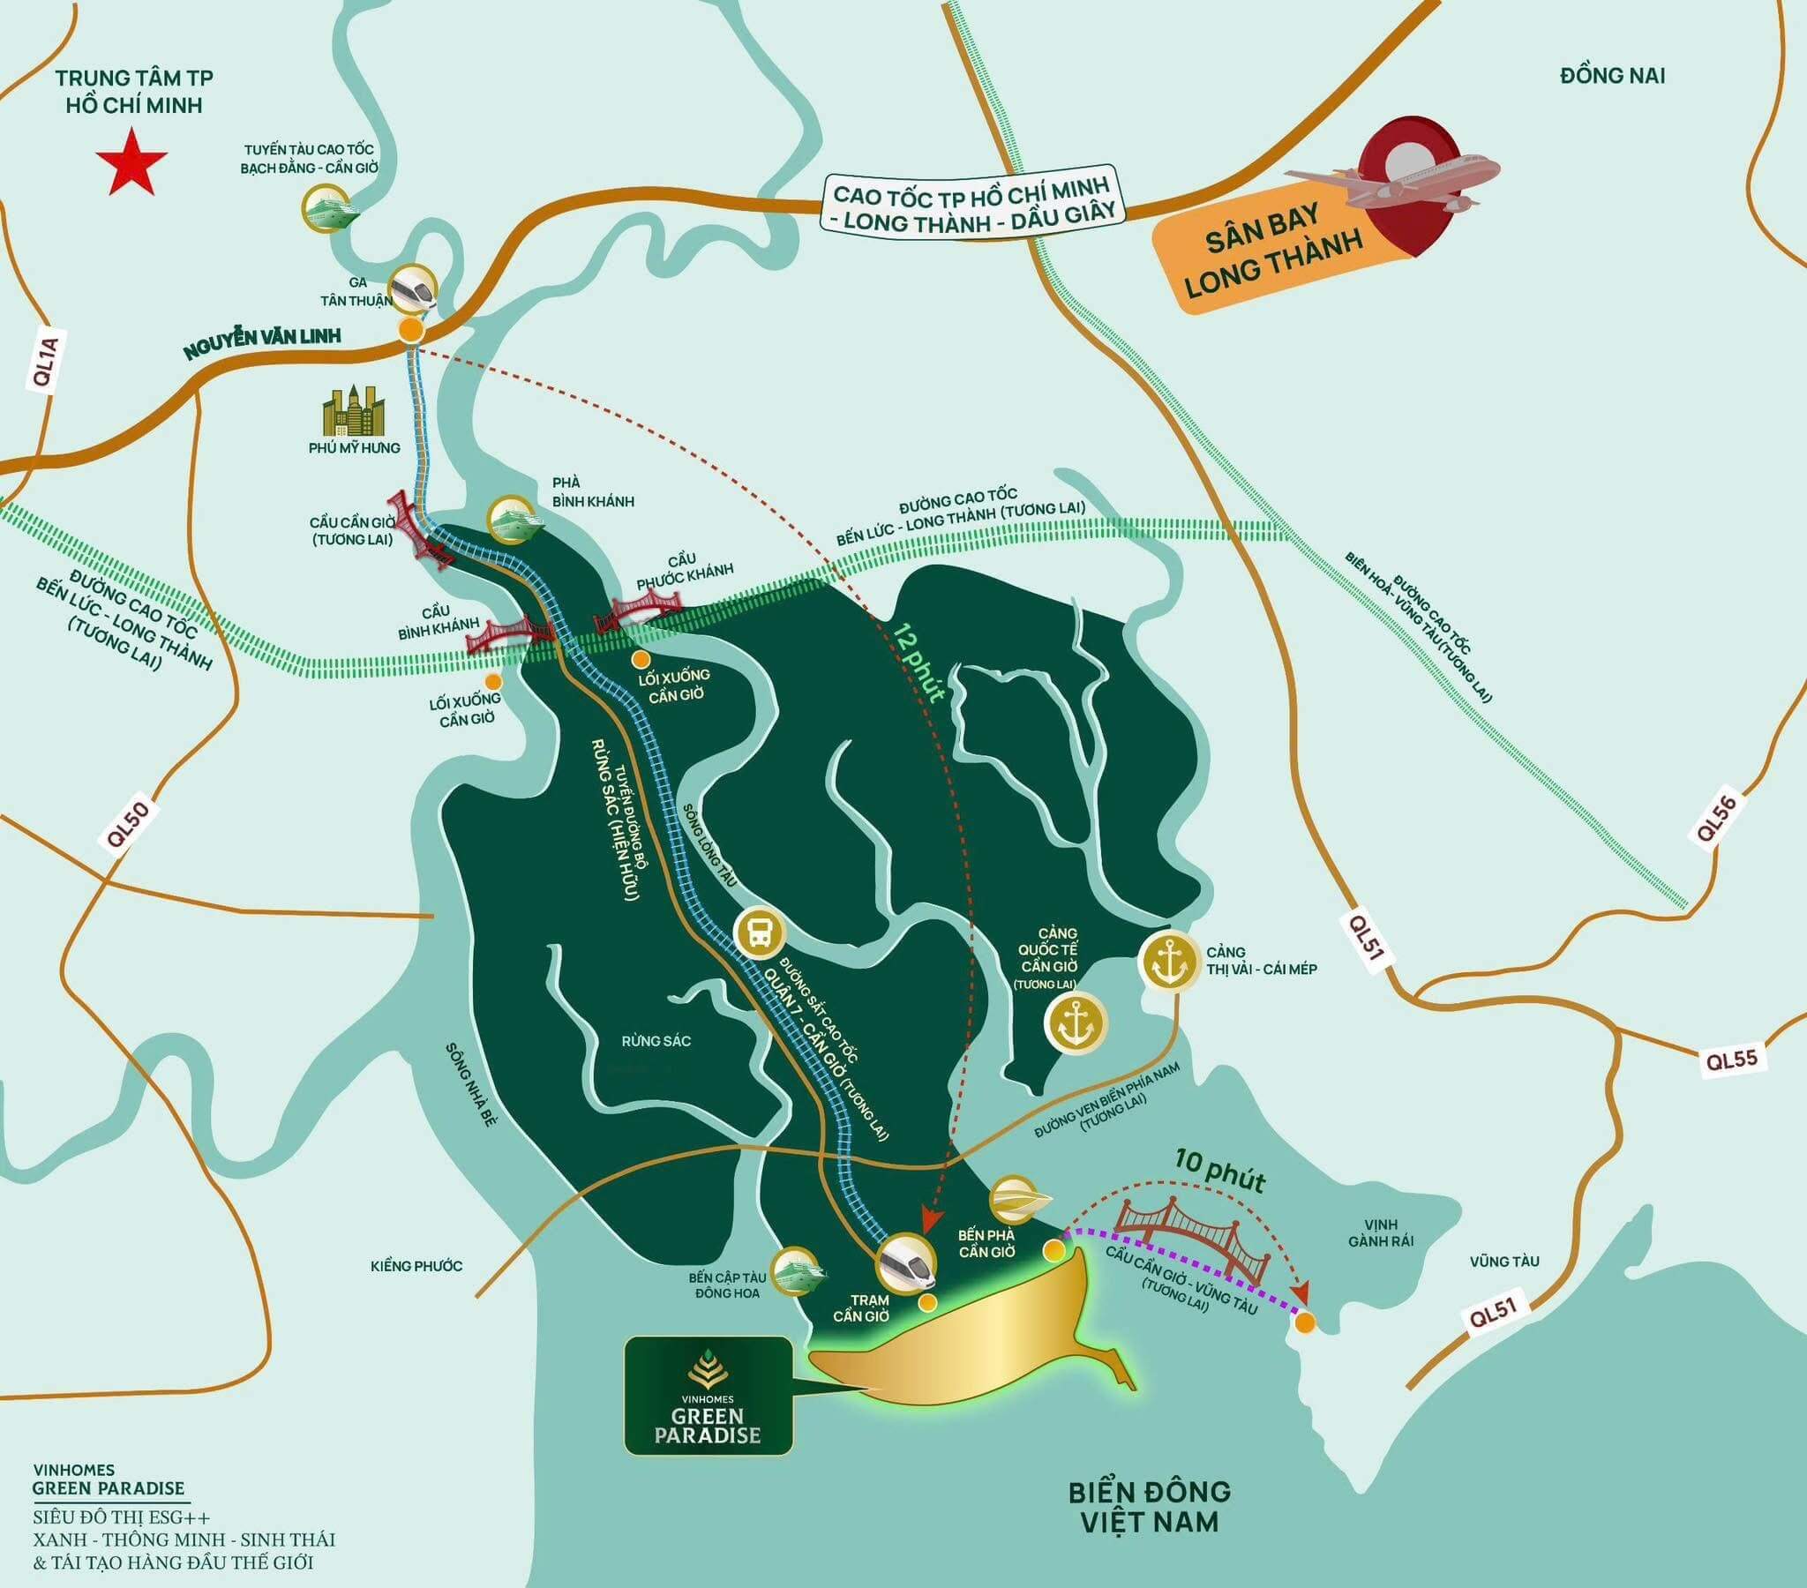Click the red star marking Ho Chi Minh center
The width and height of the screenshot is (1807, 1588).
point(131,161)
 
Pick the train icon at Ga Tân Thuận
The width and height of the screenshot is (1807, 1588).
point(415,288)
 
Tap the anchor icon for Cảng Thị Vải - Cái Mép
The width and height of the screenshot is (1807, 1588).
point(1175,961)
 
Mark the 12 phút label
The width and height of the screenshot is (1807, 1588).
point(919,663)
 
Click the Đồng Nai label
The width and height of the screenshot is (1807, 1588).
point(1612,76)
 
